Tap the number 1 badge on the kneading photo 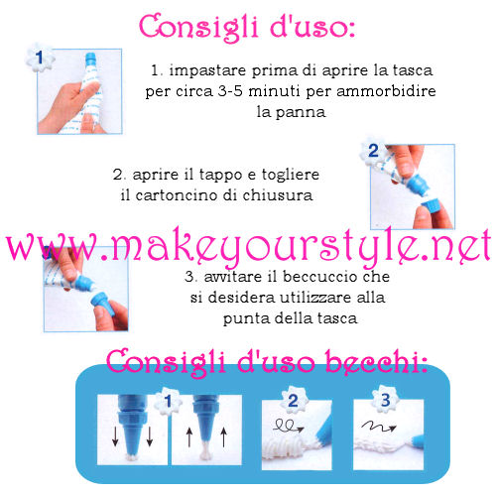pyautogui.click(x=40, y=59)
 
